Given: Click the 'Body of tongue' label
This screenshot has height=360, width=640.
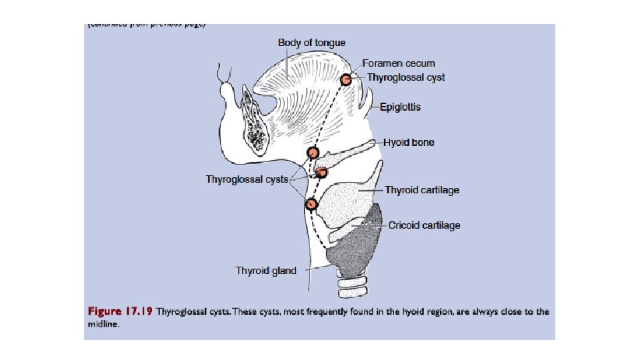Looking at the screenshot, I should [x=311, y=43].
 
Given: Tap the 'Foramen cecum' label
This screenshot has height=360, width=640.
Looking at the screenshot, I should [x=398, y=63].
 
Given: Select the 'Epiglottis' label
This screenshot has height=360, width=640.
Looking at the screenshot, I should [x=400, y=107].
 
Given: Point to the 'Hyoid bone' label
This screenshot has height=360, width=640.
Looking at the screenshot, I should [x=408, y=143].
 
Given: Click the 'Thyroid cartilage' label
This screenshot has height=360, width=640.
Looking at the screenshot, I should [x=422, y=190].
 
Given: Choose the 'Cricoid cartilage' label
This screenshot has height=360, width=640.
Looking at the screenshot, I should [x=424, y=225].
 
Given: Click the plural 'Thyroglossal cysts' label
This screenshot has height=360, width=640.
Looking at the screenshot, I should [x=247, y=179].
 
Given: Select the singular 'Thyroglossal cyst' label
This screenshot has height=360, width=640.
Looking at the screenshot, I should [x=406, y=77].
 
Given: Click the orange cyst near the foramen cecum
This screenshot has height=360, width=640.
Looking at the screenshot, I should [x=346, y=80].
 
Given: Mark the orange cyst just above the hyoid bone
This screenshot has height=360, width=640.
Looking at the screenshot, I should [x=313, y=152].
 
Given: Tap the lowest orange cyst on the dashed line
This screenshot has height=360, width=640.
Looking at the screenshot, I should [x=311, y=204].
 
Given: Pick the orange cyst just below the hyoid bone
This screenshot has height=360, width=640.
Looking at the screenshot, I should [x=321, y=173].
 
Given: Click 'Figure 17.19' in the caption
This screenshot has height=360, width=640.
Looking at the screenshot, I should [x=121, y=311].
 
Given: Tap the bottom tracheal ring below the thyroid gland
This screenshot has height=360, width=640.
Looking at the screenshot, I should [x=353, y=291].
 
